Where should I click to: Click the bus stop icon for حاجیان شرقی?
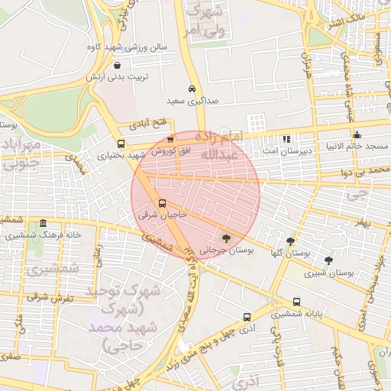(x=162, y=204)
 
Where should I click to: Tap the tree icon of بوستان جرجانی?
(x=225, y=238)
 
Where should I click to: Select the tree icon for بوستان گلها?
(x=289, y=241)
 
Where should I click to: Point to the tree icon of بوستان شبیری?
(x=328, y=260)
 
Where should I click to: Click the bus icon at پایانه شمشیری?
(x=296, y=302)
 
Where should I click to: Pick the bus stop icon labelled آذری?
(x=247, y=317)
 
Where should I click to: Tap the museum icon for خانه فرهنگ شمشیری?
(x=43, y=224)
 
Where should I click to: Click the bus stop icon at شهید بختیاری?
(x=121, y=144)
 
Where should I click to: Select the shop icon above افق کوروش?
(x=170, y=139)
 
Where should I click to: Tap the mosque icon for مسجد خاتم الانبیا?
(x=357, y=134)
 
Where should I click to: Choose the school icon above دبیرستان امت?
(x=286, y=140)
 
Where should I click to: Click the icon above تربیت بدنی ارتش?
(x=116, y=66)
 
